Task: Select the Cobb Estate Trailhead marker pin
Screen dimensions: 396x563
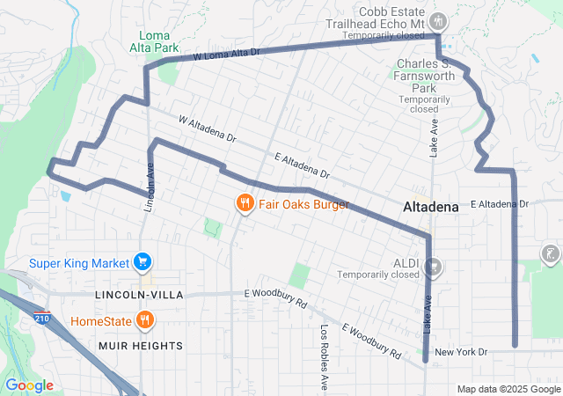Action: (x=440, y=21)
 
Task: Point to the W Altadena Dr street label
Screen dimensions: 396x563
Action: (x=208, y=128)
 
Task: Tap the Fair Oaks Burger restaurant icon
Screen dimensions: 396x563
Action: (x=245, y=204)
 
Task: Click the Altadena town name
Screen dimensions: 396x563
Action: (x=430, y=208)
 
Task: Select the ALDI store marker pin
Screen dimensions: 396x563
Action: (x=432, y=265)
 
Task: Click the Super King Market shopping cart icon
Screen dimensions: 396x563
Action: (x=142, y=261)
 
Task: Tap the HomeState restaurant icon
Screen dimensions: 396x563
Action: (x=142, y=320)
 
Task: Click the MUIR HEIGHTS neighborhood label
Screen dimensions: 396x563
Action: (x=142, y=346)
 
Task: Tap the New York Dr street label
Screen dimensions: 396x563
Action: (x=461, y=352)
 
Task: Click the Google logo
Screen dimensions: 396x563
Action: (x=29, y=385)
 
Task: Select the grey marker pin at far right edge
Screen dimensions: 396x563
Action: (x=552, y=255)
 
